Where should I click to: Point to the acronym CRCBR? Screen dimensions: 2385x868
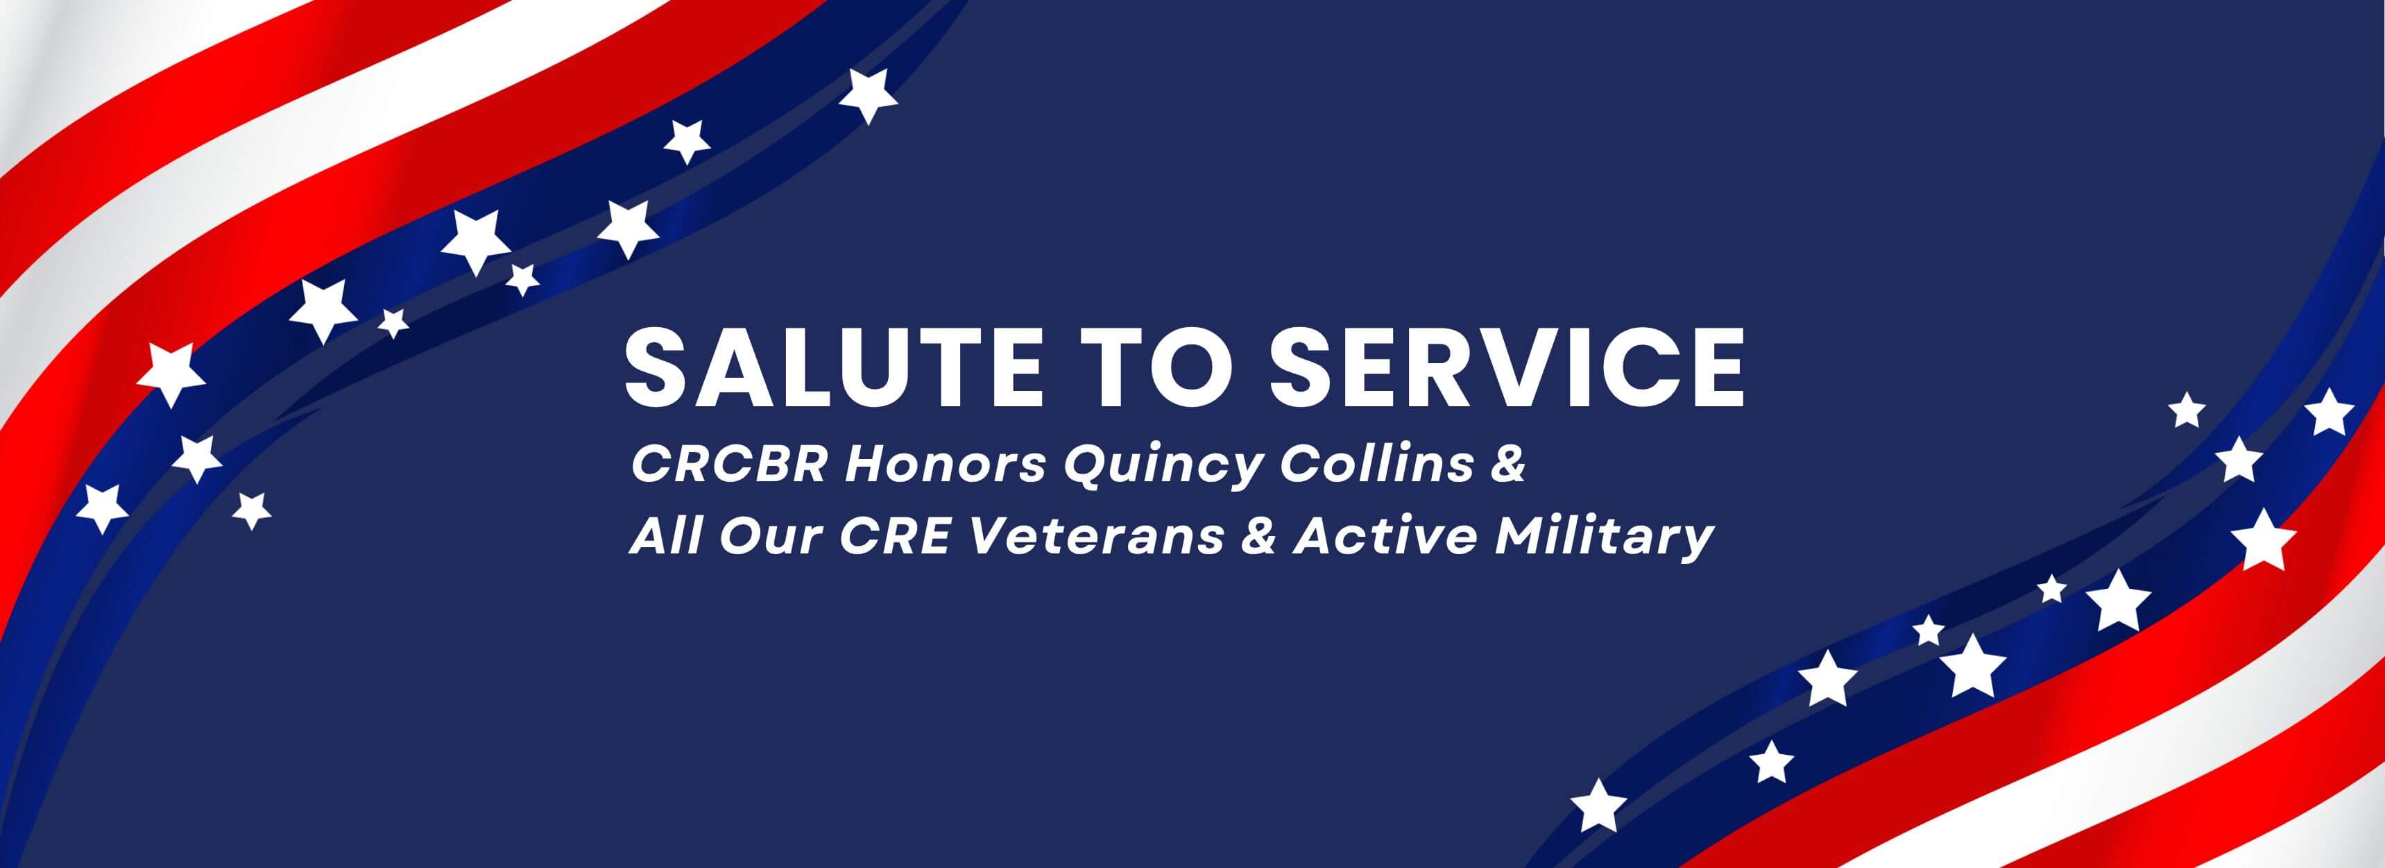728,465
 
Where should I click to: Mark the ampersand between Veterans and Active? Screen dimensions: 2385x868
1257,537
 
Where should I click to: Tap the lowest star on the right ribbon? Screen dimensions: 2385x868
1598,804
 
